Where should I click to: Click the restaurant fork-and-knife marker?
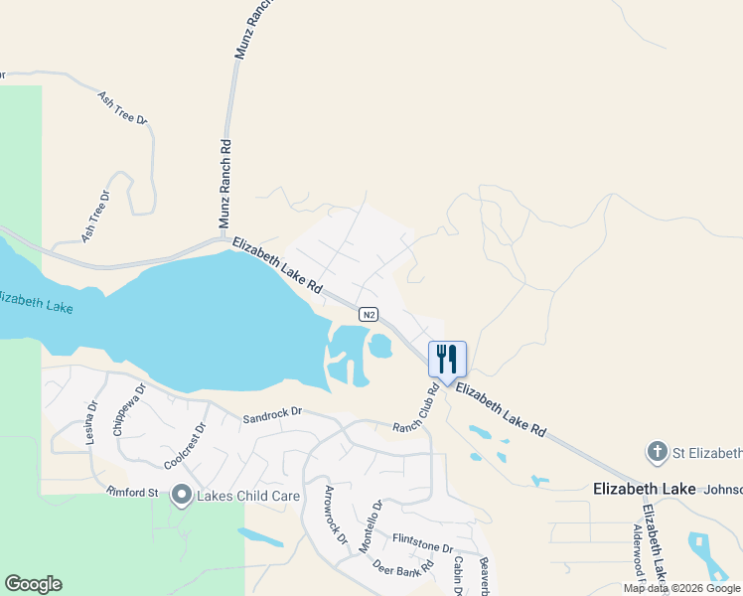[x=447, y=360]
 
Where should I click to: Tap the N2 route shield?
[x=369, y=315]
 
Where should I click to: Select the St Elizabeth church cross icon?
[x=657, y=453]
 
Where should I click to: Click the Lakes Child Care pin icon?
[x=181, y=494]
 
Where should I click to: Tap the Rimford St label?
[x=133, y=492]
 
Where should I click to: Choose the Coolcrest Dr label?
[x=185, y=447]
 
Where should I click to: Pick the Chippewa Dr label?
[x=129, y=410]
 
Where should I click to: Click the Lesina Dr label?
[x=91, y=421]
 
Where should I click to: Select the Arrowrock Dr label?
[x=336, y=516]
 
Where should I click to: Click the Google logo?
[x=33, y=584]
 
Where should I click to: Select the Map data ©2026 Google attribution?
[x=681, y=588]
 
